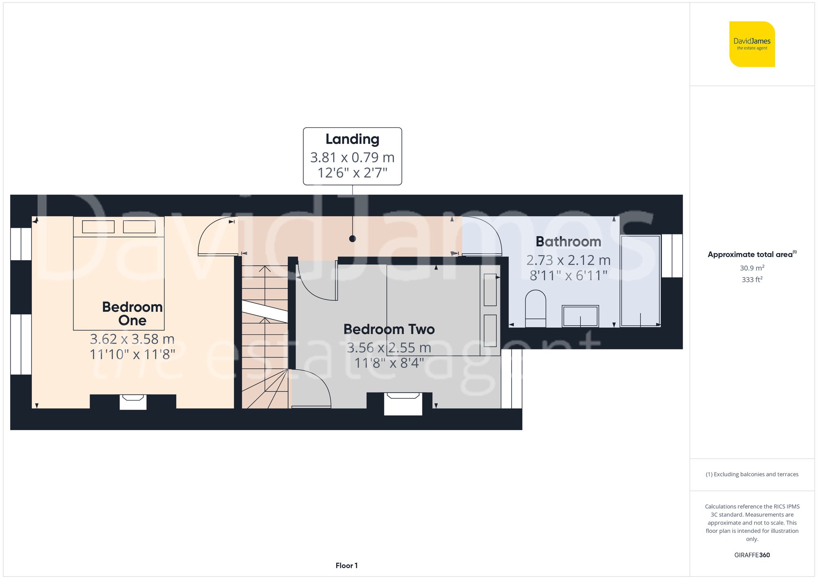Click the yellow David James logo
752,44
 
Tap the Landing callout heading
352,139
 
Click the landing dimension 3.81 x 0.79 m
352,157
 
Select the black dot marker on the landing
353,239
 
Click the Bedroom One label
132,313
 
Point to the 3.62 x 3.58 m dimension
132,339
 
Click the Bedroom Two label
389,329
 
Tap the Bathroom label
568,241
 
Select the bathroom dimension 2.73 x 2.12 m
568,260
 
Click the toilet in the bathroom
535,308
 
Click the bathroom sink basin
580,316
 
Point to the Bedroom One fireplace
133,401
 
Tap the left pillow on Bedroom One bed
98,226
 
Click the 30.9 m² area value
752,268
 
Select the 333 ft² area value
752,279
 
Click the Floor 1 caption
346,565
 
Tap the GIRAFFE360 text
752,555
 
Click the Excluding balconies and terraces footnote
752,474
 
